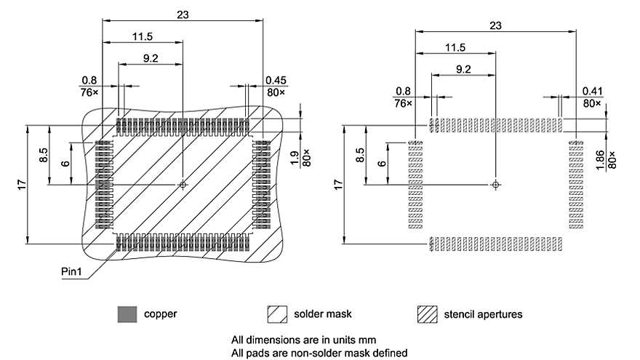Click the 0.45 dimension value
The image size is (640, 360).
tap(276, 80)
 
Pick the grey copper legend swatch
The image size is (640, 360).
tap(127, 314)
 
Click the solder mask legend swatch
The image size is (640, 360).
tap(277, 314)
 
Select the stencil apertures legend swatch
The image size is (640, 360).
tap(427, 314)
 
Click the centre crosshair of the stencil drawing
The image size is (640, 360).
tap(495, 185)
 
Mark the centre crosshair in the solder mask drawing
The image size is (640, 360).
tap(182, 185)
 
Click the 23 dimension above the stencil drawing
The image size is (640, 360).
tap(495, 25)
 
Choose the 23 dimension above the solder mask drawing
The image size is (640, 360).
tap(182, 15)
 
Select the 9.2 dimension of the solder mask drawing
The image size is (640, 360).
tap(151, 58)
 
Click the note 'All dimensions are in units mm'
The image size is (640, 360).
tap(303, 340)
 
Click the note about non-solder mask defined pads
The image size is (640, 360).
tap(319, 353)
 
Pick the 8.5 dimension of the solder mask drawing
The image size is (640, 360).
tap(44, 156)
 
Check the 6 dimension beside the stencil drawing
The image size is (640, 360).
tap(381, 164)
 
